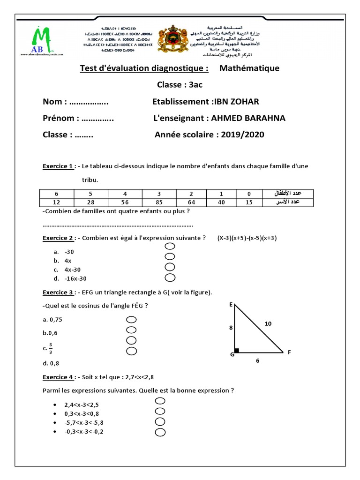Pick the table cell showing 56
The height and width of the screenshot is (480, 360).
pyautogui.click(x=125, y=202)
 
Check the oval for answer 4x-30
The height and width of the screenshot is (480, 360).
pyautogui.click(x=170, y=267)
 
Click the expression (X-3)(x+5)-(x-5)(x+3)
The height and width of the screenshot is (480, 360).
pyautogui.click(x=247, y=238)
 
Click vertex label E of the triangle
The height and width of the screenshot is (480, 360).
pyautogui.click(x=231, y=305)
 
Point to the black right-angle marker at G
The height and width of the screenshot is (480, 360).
pyautogui.click(x=237, y=350)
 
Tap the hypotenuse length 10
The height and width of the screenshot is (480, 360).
pyautogui.click(x=267, y=323)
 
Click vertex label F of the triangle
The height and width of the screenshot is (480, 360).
pyautogui.click(x=289, y=352)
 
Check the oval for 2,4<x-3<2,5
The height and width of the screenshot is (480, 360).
pyautogui.click(x=160, y=401)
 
